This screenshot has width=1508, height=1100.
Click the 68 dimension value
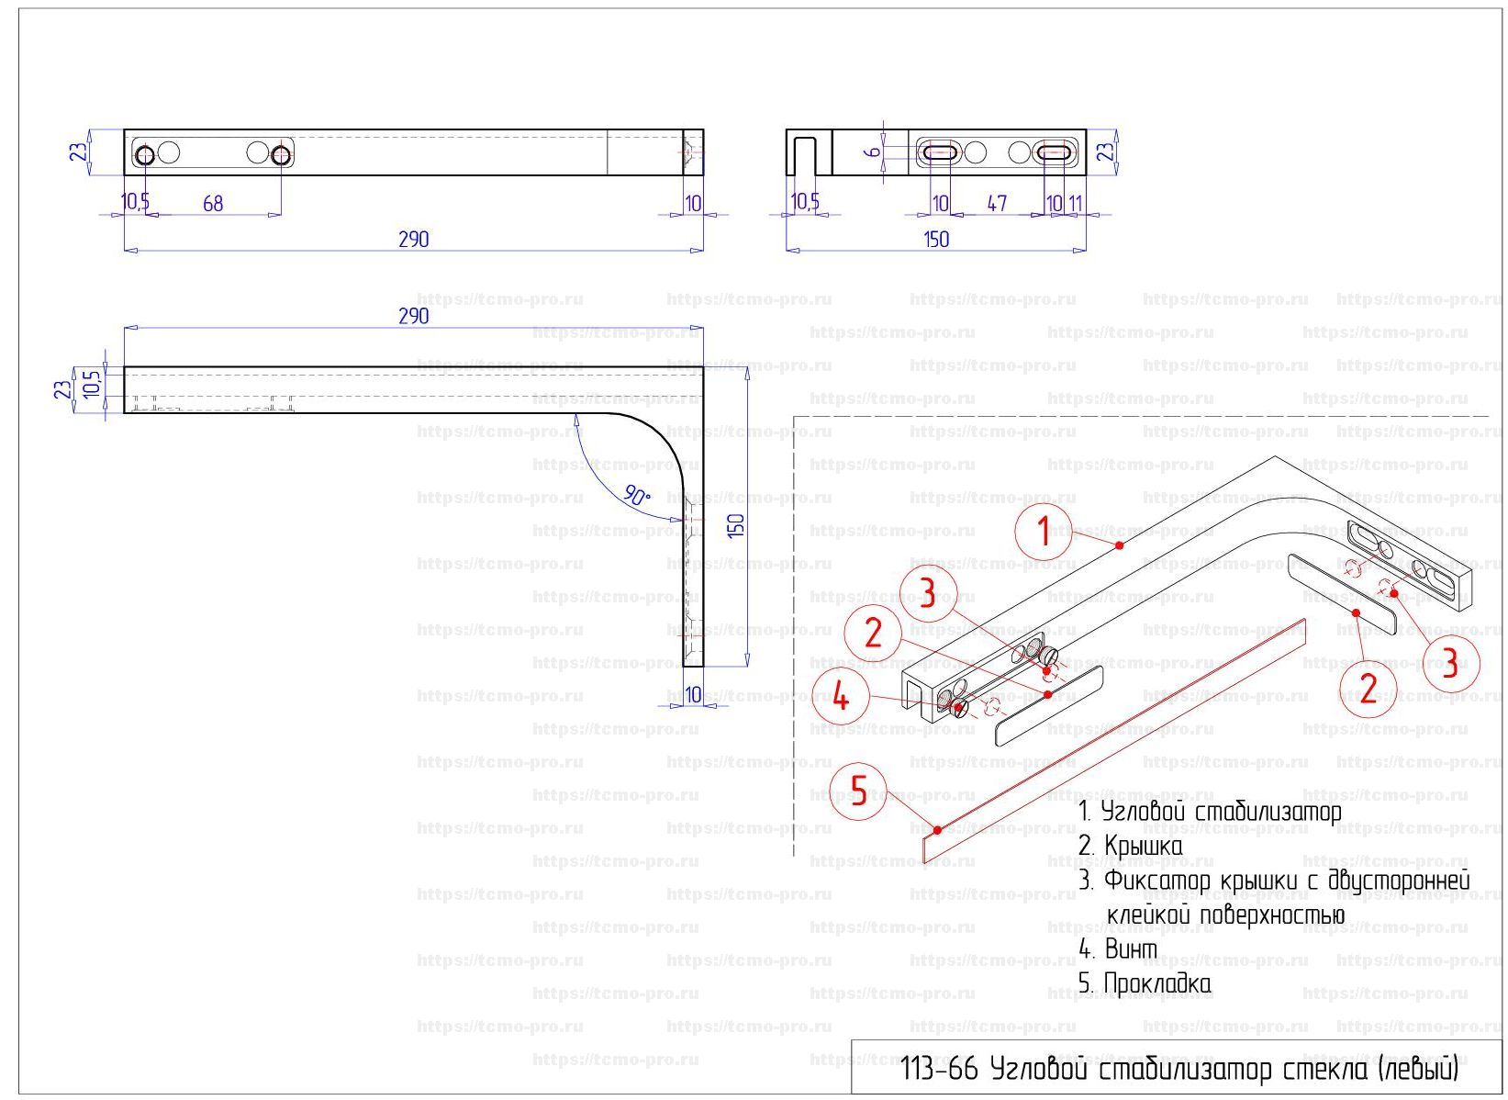pos(213,203)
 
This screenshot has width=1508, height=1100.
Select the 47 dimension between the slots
pos(997,203)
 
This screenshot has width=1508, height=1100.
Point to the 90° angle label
pos(637,497)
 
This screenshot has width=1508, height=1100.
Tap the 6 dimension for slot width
pos(873,152)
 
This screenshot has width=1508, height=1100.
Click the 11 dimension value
pos(1075,203)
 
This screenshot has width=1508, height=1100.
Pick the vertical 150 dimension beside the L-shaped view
pos(736,525)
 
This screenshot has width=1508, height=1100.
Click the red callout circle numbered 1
pos(1044,532)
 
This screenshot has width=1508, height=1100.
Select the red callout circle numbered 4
pos(840,698)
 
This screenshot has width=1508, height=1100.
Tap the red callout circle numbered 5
pos(858,790)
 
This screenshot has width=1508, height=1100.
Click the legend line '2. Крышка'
pos(1130,846)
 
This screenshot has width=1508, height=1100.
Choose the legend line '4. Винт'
pos(1117,948)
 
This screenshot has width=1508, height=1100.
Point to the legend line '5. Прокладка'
pos(1145,983)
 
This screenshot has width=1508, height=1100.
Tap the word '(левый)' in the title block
pos(1418,1070)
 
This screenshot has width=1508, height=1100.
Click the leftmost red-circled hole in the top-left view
pos(144,155)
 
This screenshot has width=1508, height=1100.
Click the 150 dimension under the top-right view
pos(936,239)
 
